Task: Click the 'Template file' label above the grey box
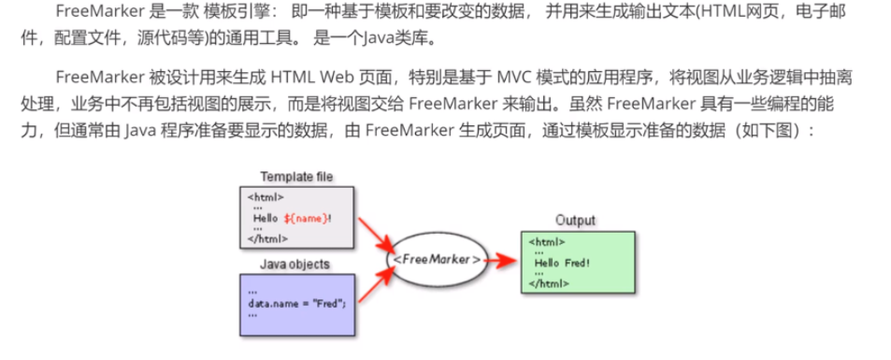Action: pyautogui.click(x=296, y=177)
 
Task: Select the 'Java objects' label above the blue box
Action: pyautogui.click(x=295, y=264)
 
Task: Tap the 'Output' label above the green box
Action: pyautogui.click(x=575, y=220)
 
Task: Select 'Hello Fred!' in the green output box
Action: pyautogui.click(x=562, y=263)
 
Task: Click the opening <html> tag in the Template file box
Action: pyautogui.click(x=266, y=197)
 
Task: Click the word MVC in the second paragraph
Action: pyautogui.click(x=515, y=77)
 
